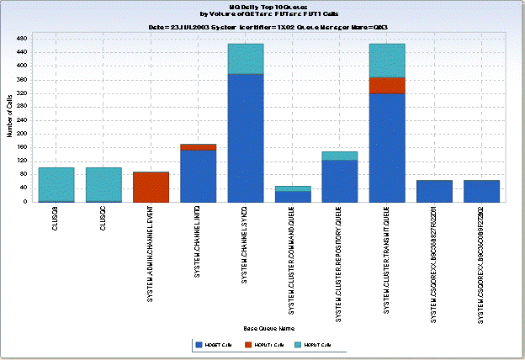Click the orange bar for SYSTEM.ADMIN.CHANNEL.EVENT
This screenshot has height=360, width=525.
151,188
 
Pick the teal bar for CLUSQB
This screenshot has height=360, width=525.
56,184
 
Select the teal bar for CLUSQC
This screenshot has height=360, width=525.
103,184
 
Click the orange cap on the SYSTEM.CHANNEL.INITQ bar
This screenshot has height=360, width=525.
199,147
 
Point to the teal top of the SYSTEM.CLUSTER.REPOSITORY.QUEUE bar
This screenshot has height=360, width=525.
340,156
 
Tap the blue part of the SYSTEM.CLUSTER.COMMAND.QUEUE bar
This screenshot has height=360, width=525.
293,197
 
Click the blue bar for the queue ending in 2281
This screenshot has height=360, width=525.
434,191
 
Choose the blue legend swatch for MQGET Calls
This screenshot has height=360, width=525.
199,345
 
